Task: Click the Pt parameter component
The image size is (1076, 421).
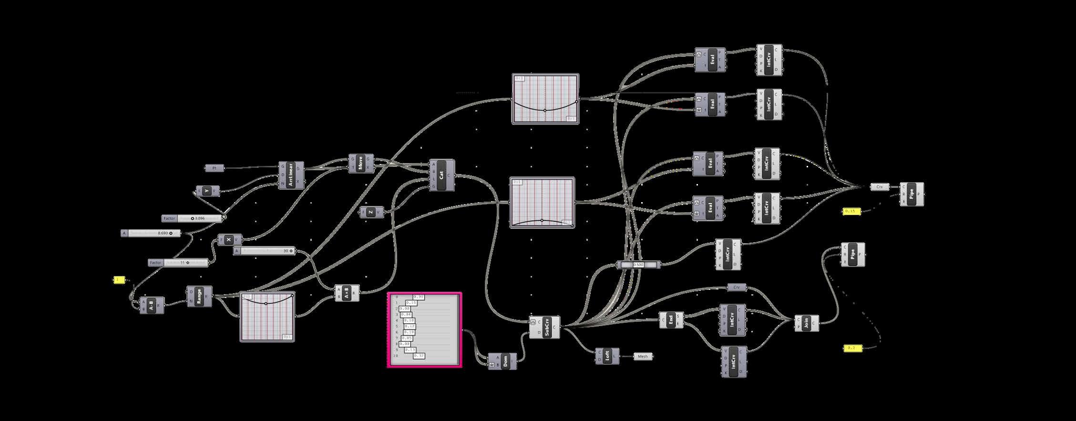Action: (x=215, y=168)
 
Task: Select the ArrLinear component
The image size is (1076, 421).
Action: (x=291, y=175)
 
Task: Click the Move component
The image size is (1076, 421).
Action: (x=361, y=163)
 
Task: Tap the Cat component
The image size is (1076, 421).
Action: (x=442, y=175)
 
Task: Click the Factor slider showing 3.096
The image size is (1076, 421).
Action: (x=192, y=218)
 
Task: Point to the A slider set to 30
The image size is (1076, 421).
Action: (x=264, y=251)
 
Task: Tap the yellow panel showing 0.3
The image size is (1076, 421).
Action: (x=852, y=349)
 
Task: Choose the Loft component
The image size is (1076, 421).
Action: (x=607, y=356)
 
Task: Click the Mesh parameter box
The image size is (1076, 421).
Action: (x=643, y=356)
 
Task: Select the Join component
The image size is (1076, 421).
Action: (x=806, y=323)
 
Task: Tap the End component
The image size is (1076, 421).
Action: (x=671, y=320)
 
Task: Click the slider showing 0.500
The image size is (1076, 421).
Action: (x=639, y=265)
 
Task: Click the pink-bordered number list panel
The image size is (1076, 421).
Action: (x=424, y=330)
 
